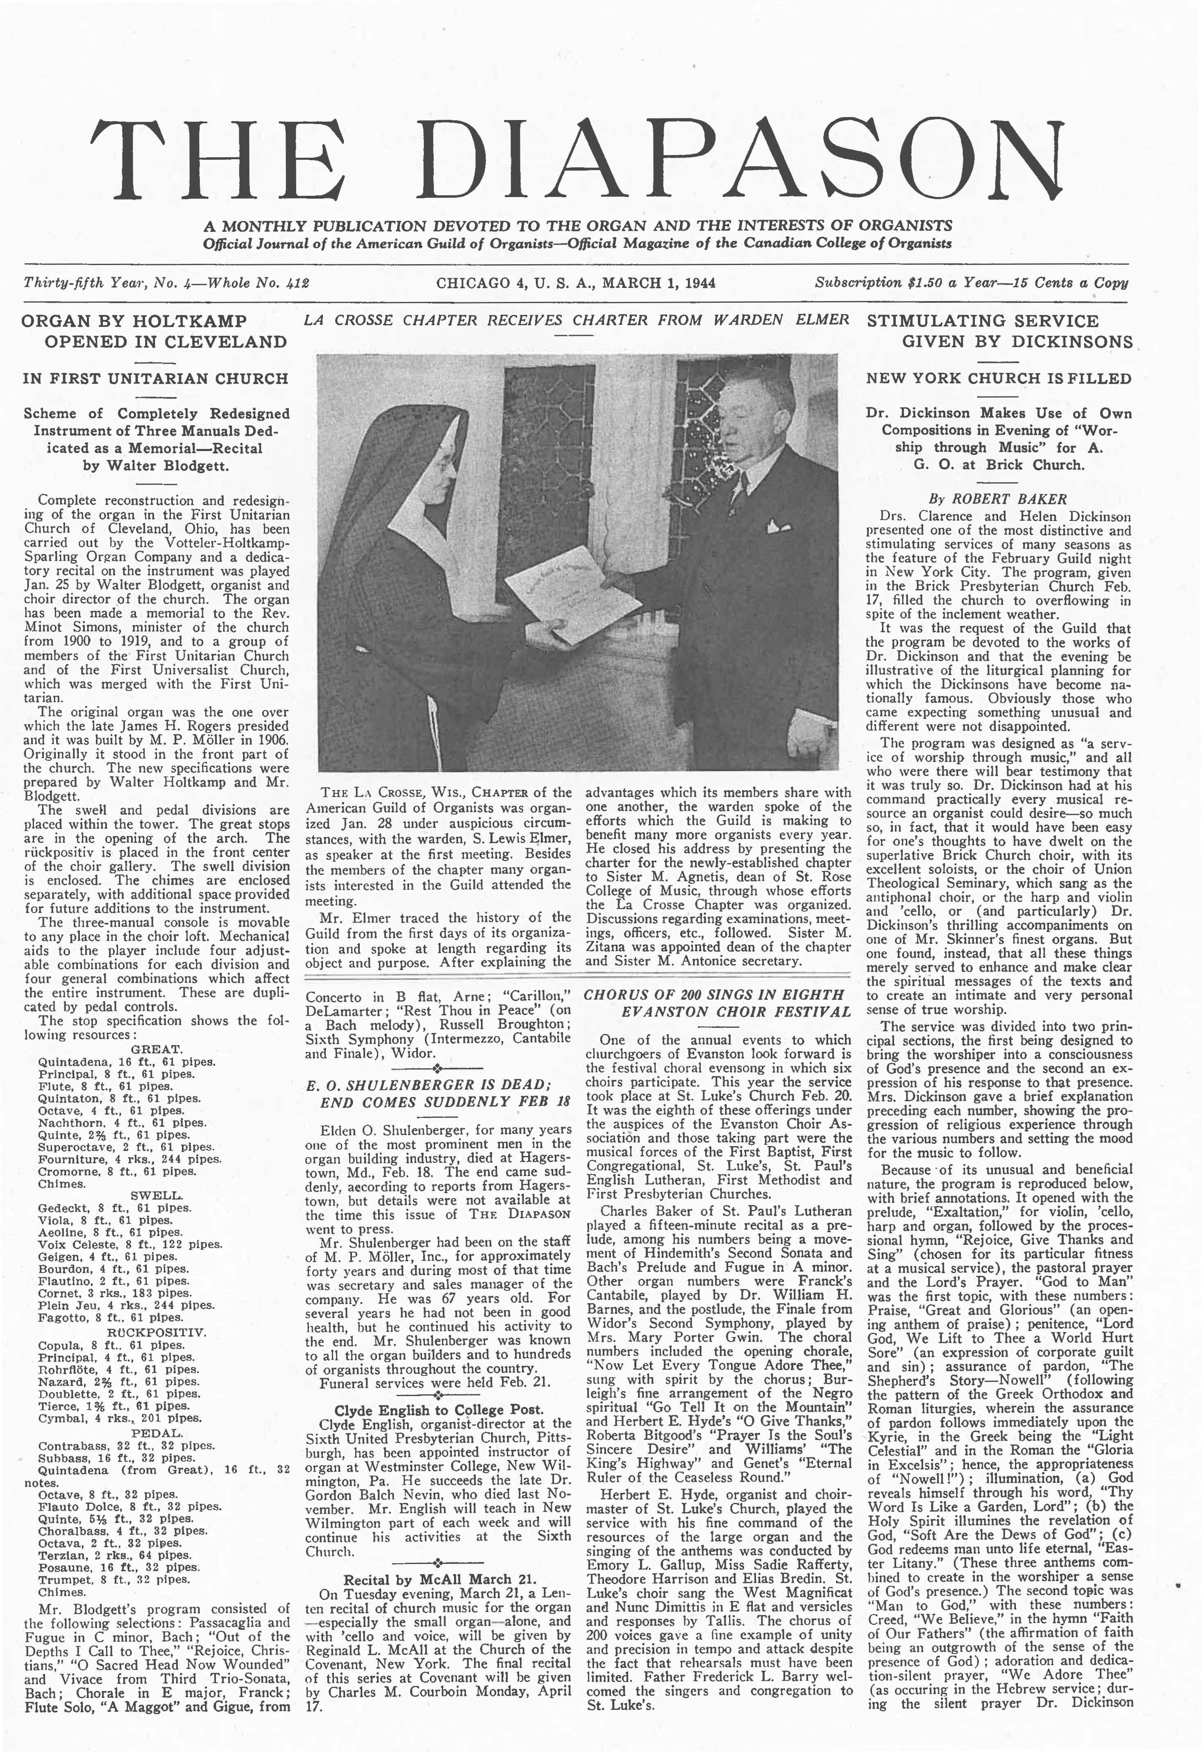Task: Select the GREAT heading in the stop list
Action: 156,1049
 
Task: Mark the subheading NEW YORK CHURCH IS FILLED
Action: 998,379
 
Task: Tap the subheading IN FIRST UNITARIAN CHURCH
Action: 155,379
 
